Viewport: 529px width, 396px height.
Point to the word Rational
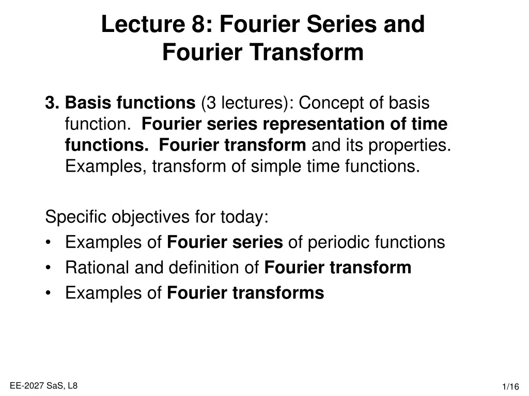(97, 268)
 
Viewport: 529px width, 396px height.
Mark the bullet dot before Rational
(49, 268)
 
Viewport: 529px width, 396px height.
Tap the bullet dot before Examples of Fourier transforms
(49, 293)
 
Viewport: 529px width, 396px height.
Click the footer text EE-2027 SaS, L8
(43, 385)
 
